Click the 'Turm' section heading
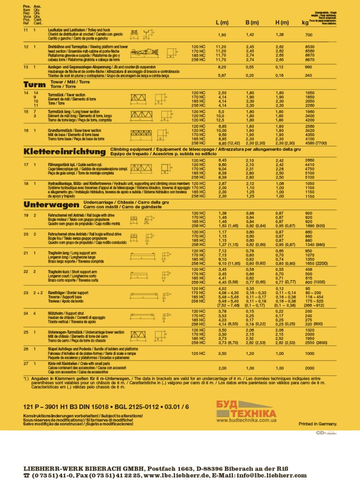[x=33, y=85]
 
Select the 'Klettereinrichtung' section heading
[x=64, y=152]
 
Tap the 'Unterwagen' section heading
[x=51, y=205]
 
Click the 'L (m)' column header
[x=222, y=22]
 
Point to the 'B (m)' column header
[x=252, y=22]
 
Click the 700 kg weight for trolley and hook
[x=309, y=35]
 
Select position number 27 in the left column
[x=26, y=363]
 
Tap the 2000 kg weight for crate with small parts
[x=309, y=368]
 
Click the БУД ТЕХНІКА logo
[x=246, y=409]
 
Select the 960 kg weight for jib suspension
[x=309, y=67]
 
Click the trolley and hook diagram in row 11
[x=141, y=34]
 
